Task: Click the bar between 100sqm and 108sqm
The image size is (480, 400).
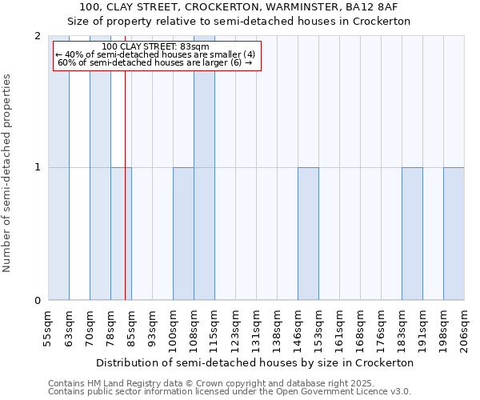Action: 183,234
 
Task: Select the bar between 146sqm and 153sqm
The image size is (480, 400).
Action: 308,234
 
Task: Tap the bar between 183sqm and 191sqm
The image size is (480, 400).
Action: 412,234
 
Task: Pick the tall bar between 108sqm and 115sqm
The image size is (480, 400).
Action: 204,168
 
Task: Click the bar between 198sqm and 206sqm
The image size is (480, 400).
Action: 454,234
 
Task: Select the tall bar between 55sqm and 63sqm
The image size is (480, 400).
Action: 58,168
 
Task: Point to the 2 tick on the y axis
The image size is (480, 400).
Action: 38,36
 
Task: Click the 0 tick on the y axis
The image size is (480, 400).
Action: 38,301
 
